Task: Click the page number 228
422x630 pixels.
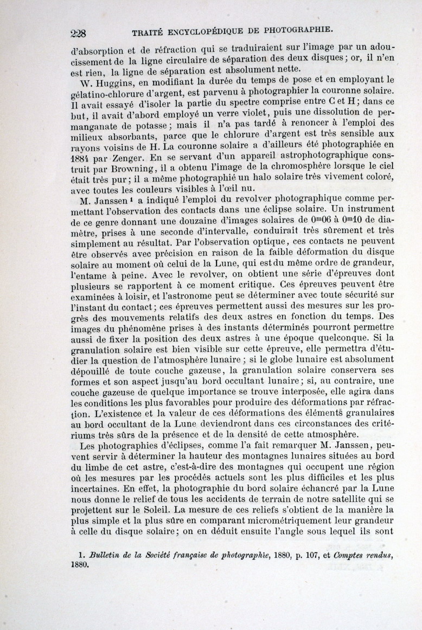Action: [80, 33]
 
